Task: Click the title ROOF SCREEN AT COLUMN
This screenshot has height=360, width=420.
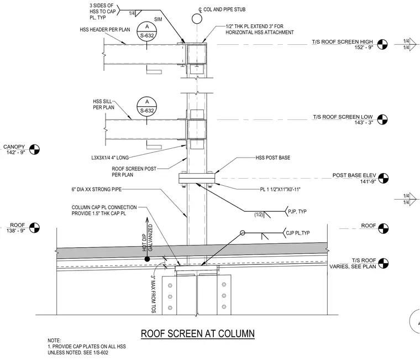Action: pos(198,333)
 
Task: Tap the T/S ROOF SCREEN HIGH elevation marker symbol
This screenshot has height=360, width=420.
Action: pos(382,44)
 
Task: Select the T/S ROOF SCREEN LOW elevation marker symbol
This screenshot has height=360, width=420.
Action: pos(382,119)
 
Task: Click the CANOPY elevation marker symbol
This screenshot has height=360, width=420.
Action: pos(34,149)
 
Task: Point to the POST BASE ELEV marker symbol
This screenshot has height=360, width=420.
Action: pos(384,178)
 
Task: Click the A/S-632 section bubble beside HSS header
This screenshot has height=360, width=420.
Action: pos(147,32)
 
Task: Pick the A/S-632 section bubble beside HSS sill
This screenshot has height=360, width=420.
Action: pos(147,107)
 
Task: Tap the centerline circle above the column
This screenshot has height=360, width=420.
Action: pos(197,19)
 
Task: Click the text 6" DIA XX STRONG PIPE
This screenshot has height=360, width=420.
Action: pos(96,190)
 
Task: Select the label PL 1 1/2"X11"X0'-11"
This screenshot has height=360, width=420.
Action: pos(280,190)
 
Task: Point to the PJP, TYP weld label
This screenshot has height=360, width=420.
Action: pos(297,211)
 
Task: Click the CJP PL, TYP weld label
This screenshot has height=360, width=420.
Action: pos(297,233)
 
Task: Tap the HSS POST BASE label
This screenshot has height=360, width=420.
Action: pos(272,158)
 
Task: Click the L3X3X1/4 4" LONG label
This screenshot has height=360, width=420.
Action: pos(110,158)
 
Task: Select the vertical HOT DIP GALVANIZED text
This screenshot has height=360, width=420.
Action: pos(148,238)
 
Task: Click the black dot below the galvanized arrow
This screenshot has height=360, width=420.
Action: pos(147,259)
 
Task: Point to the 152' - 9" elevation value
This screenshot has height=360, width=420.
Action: pos(364,48)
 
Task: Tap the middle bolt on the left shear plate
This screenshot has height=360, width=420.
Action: pos(170,297)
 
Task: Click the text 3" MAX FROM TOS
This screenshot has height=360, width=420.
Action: pos(154,294)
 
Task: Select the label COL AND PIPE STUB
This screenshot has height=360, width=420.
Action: pos(224,9)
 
